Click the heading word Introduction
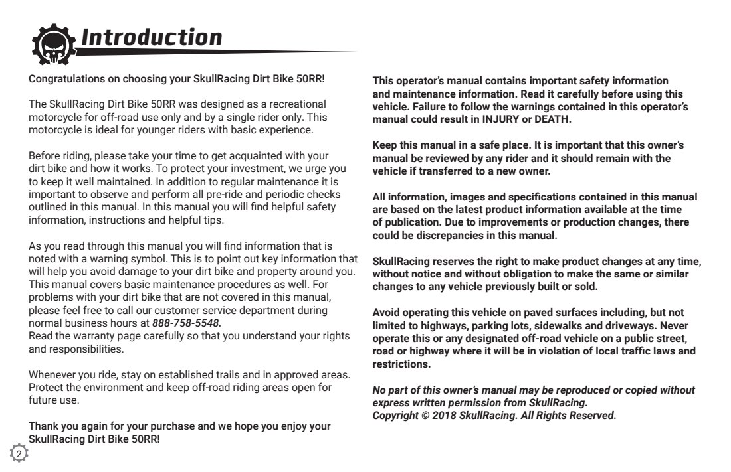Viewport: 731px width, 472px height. point(151,37)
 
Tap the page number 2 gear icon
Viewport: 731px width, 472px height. point(19,454)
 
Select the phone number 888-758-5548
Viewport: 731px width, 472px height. point(186,323)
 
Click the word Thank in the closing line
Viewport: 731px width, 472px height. point(43,426)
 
